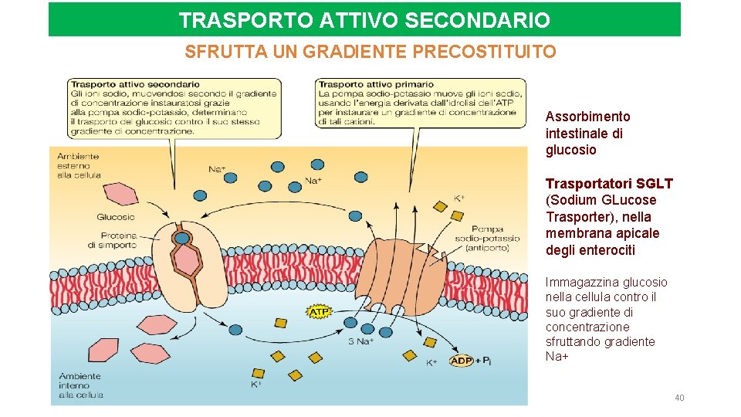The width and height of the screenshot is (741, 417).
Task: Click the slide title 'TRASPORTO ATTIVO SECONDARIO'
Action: point(364,20)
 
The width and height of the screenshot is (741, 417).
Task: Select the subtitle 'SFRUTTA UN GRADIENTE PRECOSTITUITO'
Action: point(370,53)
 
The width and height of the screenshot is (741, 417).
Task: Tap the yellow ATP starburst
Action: point(320,312)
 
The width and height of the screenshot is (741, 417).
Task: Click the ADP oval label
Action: point(462,361)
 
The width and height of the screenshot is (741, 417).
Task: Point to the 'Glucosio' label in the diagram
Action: point(116,217)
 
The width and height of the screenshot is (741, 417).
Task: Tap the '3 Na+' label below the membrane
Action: point(361,341)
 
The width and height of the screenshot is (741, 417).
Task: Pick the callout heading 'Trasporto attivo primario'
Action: point(376,84)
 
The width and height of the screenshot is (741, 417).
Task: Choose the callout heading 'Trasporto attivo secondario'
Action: point(134,84)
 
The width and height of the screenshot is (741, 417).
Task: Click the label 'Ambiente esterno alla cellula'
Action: point(79,165)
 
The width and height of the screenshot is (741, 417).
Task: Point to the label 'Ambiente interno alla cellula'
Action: point(80,385)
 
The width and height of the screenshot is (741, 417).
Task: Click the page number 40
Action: point(679,398)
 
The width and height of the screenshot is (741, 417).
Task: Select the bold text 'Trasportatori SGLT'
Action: point(609,184)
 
